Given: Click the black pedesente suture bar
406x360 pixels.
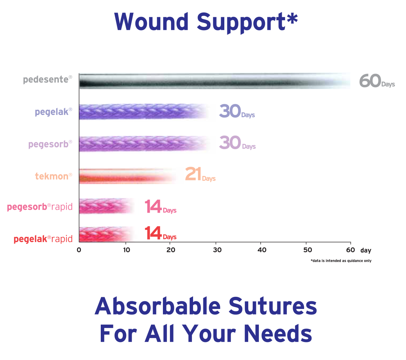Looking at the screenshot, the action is tap(215, 81).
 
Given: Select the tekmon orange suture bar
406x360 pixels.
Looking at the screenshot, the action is tap(128, 176).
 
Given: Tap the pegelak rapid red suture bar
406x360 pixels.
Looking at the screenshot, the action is tap(107, 234).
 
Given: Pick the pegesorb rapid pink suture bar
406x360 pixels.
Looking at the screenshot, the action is tap(107, 206).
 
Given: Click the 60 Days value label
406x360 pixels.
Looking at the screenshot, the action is tap(377, 81).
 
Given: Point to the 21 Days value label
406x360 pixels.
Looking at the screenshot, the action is tap(200, 174).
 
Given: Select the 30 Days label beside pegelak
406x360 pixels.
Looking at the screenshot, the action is tap(237, 111).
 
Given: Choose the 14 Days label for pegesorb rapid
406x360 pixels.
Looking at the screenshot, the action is tap(161, 207).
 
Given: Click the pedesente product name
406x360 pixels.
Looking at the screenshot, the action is tap(48, 79).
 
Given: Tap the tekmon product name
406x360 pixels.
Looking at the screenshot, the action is tap(54, 176).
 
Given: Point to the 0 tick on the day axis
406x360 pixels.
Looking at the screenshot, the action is tap(79, 250).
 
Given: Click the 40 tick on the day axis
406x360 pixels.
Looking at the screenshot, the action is tap(262, 250).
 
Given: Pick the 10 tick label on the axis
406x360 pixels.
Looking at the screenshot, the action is tap(127, 250).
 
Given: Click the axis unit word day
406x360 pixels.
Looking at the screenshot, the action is tap(366, 250).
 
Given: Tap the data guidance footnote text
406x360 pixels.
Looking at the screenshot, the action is tap(341, 261).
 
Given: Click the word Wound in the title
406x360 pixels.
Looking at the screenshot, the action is tap(151, 22).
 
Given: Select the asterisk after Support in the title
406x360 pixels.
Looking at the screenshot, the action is tap(292, 18).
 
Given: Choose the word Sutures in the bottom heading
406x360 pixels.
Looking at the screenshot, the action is tap(273, 306).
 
